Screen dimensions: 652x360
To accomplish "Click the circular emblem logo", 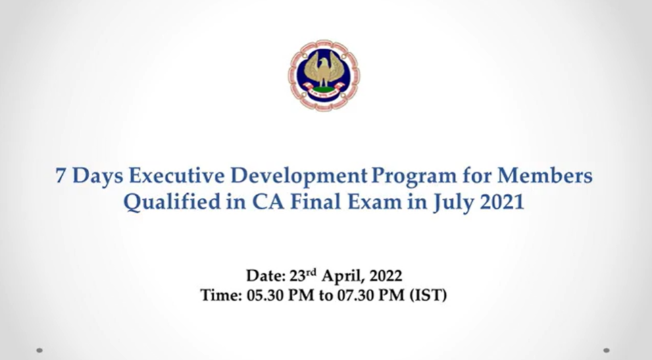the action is point(324,75).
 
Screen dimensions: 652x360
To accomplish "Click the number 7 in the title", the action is point(61,176).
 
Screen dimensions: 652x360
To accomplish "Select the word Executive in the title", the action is point(177,176).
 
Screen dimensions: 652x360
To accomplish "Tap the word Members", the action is point(545,176).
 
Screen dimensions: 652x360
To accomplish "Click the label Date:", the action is point(266,276).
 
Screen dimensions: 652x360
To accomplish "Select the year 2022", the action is point(386,276).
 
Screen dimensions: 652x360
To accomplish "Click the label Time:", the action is point(221,295).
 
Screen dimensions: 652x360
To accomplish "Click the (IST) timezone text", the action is point(428,296).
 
